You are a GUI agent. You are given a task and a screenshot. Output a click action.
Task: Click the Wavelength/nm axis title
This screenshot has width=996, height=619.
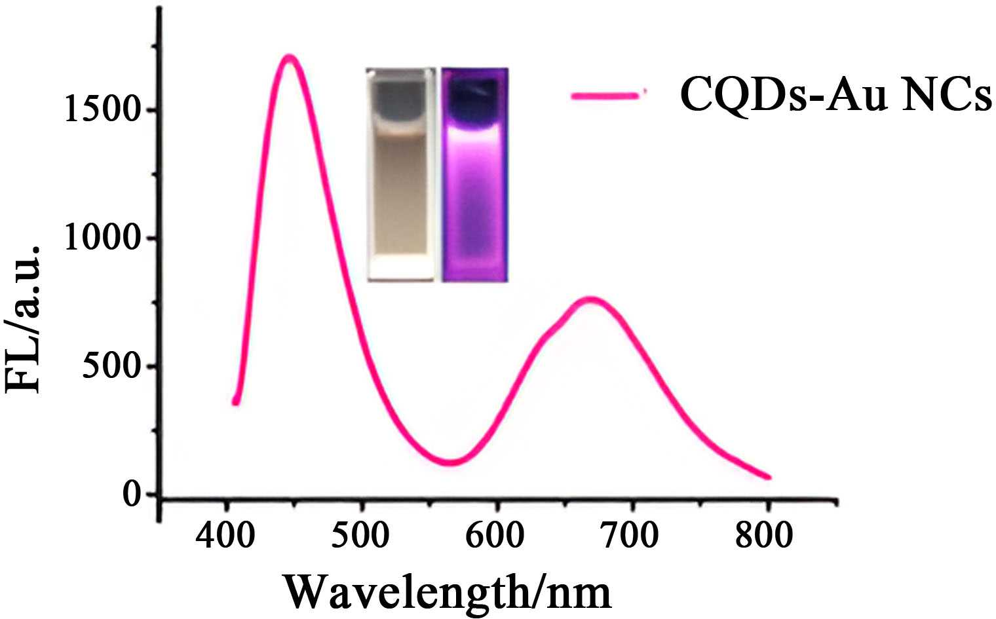pyautogui.click(x=448, y=591)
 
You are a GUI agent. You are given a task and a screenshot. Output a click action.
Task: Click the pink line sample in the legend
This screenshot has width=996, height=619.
pyautogui.click(x=606, y=95)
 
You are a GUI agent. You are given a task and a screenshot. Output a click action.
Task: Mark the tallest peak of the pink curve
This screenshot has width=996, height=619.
pyautogui.click(x=289, y=57)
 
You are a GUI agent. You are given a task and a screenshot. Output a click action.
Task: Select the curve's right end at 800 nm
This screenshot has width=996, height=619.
pyautogui.click(x=768, y=477)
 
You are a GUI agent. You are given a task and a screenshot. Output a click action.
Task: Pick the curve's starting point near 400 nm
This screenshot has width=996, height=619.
pyautogui.click(x=235, y=402)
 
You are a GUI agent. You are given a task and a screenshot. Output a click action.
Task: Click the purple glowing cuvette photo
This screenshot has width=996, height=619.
pyautogui.click(x=475, y=174)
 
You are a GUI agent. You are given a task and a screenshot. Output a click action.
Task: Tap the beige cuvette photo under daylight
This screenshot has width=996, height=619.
pyautogui.click(x=401, y=174)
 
